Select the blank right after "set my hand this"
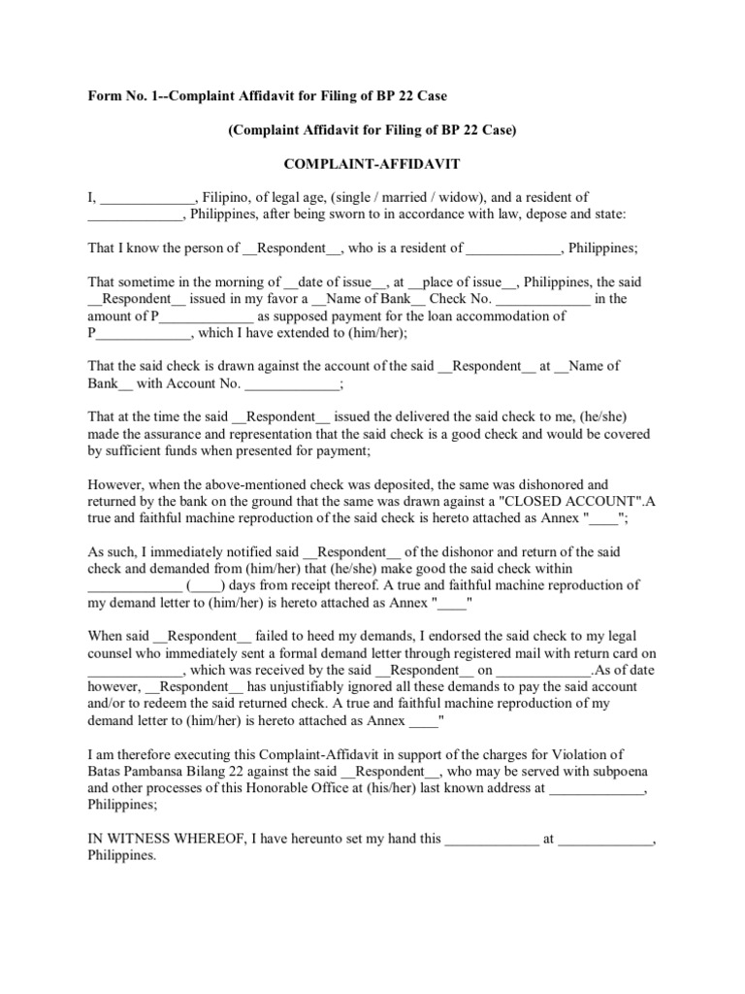click(x=491, y=839)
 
